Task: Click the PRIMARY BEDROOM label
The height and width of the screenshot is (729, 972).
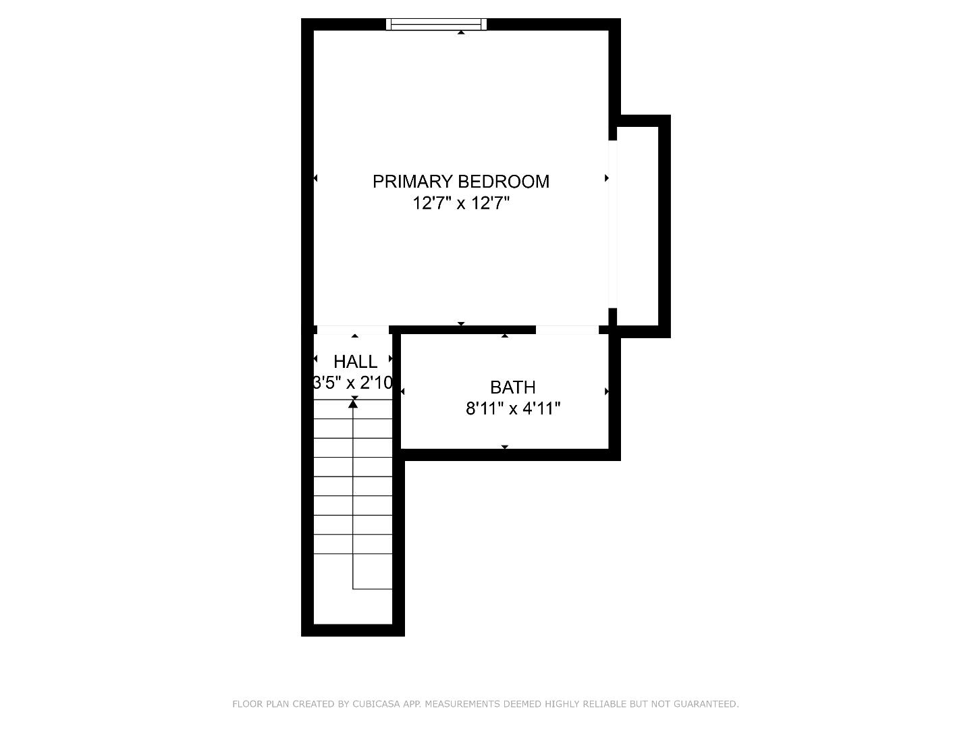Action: (x=460, y=181)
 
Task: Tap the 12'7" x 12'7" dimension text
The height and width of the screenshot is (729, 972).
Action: (x=460, y=202)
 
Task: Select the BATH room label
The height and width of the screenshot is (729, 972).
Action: (x=513, y=387)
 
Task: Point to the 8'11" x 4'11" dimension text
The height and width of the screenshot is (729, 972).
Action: (x=513, y=408)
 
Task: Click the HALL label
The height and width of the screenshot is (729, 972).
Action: (x=355, y=362)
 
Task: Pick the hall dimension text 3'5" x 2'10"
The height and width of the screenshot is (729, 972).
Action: (x=352, y=383)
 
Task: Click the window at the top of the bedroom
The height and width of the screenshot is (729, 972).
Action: (x=436, y=24)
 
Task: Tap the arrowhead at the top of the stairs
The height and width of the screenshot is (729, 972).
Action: (x=353, y=404)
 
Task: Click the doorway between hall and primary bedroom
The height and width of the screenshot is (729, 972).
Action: (x=352, y=330)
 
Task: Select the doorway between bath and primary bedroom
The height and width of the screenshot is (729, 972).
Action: (x=567, y=330)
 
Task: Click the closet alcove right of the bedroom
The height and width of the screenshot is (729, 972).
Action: (x=637, y=226)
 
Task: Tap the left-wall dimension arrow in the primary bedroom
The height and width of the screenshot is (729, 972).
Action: (x=315, y=178)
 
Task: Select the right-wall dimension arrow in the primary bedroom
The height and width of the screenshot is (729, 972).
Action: (x=607, y=178)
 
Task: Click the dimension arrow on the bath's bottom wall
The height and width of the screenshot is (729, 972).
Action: (x=505, y=447)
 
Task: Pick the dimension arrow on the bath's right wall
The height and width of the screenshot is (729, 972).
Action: (x=607, y=391)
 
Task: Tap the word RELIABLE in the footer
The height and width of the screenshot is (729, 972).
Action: (x=599, y=704)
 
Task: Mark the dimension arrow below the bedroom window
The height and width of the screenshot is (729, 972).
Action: (x=461, y=32)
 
